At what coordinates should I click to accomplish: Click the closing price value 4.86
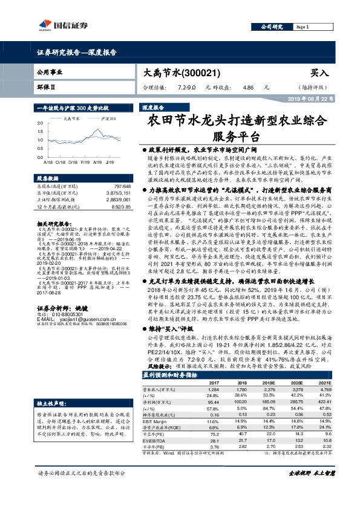click(247, 87)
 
